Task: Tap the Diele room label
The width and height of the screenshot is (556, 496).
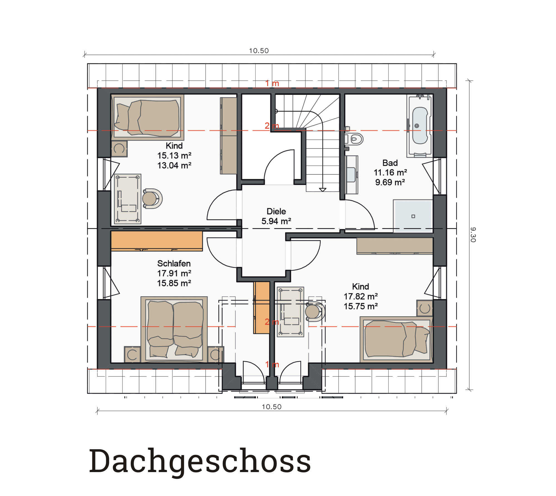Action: coord(276,211)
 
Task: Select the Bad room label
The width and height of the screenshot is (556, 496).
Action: coord(390,163)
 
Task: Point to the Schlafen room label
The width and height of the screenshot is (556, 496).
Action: coord(174,263)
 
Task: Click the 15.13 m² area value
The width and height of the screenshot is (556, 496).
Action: coord(174,156)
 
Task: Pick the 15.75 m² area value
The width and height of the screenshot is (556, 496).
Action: coord(360,306)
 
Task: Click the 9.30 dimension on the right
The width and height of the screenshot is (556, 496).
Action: coord(473,235)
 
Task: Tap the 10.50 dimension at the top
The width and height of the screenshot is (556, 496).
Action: coord(259,51)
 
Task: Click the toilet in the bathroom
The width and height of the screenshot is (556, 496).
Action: coord(354,139)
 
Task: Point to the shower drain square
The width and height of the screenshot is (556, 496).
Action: coord(413,216)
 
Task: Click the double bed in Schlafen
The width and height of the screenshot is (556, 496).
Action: coord(174,329)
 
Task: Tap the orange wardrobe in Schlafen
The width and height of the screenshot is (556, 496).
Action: coord(157,241)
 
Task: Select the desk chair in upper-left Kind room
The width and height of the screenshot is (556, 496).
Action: coord(152,199)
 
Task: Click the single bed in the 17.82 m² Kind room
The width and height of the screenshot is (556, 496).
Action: coord(396,340)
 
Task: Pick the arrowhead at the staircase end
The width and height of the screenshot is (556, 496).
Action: coord(323,190)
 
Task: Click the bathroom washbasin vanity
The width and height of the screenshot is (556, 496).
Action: coord(351,175)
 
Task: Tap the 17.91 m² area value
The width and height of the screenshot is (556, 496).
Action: coord(174,273)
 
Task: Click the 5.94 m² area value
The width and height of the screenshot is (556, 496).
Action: coord(276,221)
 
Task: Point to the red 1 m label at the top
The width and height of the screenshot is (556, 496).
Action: coord(272,83)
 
